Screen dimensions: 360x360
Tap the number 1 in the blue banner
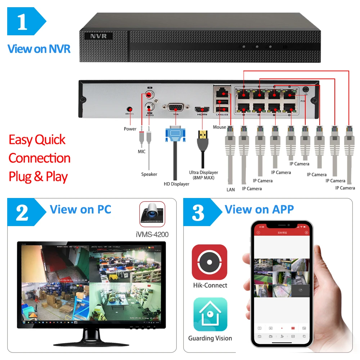coord(22,22)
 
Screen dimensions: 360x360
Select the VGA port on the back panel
coord(176,107)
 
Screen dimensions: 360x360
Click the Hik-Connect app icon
coord(210,262)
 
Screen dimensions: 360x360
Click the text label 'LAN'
coord(231,189)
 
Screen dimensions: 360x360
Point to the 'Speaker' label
coord(149,174)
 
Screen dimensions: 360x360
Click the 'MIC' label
coord(142,152)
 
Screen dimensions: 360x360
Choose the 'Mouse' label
coord(219,127)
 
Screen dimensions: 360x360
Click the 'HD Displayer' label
coord(176,184)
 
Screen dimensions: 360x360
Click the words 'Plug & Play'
coord(38,177)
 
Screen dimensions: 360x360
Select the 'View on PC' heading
coord(81,209)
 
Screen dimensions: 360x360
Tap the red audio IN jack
coord(148,96)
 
